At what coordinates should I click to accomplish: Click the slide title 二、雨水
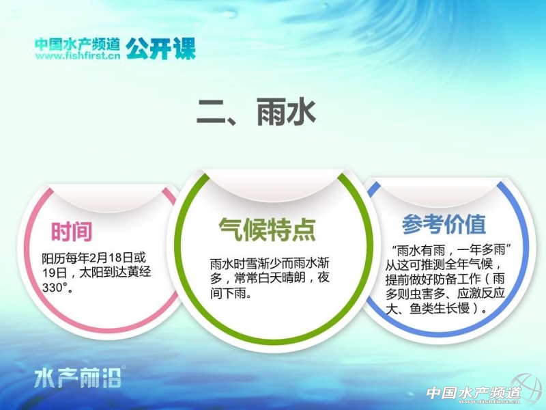point(256,111)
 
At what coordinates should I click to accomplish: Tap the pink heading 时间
point(72,231)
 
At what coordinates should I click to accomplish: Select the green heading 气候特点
point(267,229)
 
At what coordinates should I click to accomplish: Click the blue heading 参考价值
point(444,224)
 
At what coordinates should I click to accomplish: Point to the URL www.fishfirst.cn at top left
point(77,56)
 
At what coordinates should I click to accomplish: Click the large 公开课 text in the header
point(160,49)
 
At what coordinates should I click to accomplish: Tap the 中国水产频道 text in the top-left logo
point(77,44)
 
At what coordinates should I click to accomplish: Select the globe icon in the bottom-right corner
point(527,389)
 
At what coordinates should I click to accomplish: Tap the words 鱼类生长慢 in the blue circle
point(440,309)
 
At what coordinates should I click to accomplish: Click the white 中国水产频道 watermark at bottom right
point(474,394)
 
